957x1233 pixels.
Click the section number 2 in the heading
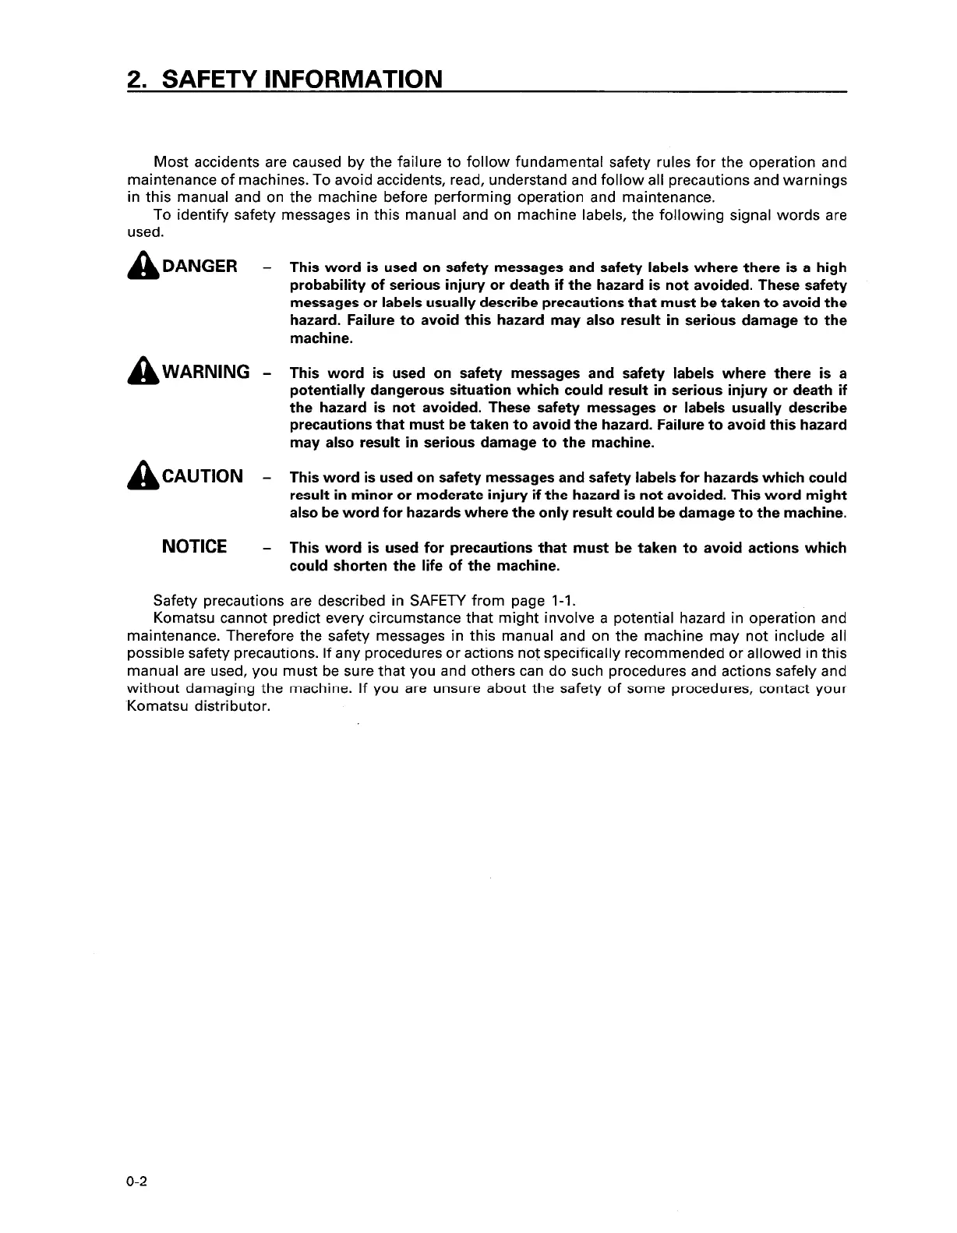(134, 79)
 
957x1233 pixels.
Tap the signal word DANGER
(200, 267)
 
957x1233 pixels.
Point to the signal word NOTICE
(194, 546)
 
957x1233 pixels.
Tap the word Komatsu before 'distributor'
(156, 707)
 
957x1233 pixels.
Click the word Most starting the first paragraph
(170, 162)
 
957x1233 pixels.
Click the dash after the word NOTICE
(267, 549)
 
